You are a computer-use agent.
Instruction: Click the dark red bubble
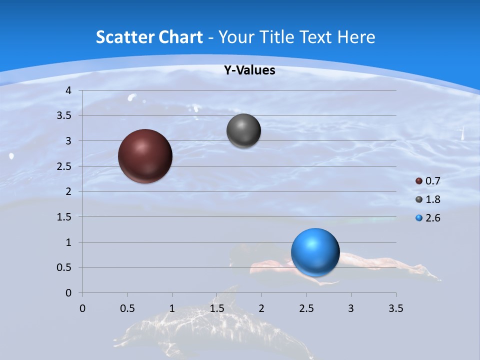pyautogui.click(x=145, y=156)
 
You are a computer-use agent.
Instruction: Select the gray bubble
pyautogui.click(x=243, y=130)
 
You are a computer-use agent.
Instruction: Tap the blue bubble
pyautogui.click(x=315, y=252)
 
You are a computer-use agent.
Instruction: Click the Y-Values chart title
pyautogui.click(x=249, y=70)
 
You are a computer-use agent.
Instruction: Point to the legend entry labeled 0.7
pyautogui.click(x=428, y=181)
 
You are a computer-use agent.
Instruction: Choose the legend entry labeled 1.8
pyautogui.click(x=428, y=199)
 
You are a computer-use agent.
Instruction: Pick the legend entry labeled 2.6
pyautogui.click(x=428, y=218)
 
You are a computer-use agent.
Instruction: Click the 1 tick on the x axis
pyautogui.click(x=172, y=308)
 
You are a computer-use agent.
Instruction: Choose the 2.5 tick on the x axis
pyautogui.click(x=306, y=308)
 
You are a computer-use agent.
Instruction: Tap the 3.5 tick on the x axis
pyautogui.click(x=395, y=308)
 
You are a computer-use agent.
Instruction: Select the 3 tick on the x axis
pyautogui.click(x=351, y=308)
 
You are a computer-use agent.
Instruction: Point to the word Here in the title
pyautogui.click(x=356, y=37)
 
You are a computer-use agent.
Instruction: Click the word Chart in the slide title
pyautogui.click(x=180, y=37)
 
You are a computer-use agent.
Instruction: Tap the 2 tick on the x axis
pyautogui.click(x=261, y=308)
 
